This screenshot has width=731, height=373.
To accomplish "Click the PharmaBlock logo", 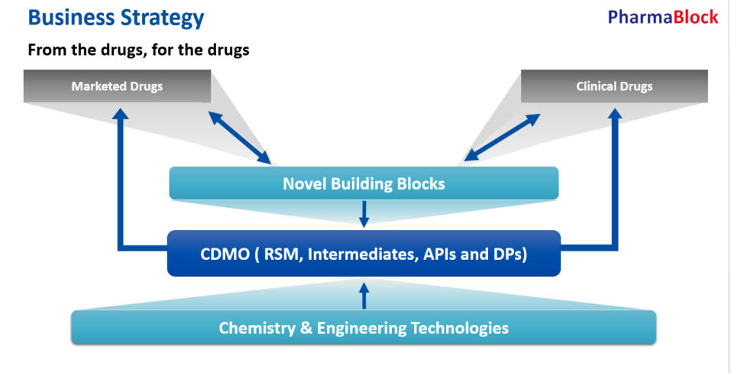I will pos(663,17).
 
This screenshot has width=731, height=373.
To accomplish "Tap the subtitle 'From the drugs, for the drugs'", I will pos(139,51).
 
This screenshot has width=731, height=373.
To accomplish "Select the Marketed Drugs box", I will pos(118,86).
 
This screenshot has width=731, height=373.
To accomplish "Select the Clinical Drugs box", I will pos(614,86).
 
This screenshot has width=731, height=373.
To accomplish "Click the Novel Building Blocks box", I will pos(364,183).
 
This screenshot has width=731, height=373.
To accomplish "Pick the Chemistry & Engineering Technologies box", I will pos(364,328).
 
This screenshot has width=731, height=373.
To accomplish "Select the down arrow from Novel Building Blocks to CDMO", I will pos(364,214).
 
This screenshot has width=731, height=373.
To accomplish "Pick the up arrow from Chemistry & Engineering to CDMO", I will pos(364,294).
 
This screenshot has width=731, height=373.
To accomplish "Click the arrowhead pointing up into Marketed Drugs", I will pos(119,113).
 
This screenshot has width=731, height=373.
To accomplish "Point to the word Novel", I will pos(306,183).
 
